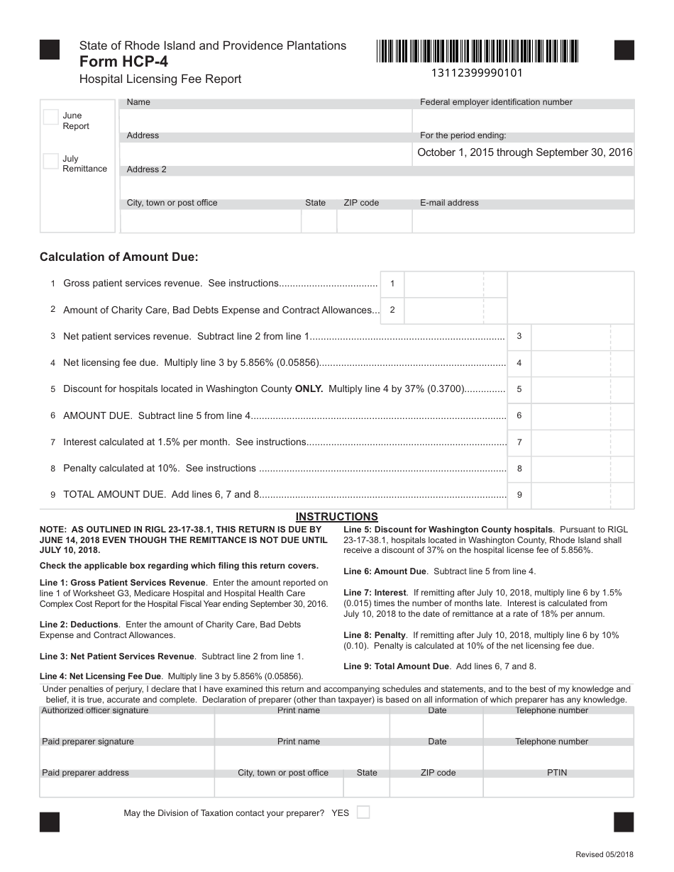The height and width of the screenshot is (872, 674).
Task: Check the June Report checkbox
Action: (x=50, y=117)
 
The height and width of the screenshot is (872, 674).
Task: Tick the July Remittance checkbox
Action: (x=50, y=161)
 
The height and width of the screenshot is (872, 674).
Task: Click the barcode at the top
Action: (x=477, y=51)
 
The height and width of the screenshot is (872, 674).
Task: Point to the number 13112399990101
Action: (x=477, y=72)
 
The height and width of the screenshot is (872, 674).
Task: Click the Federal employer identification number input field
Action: (x=524, y=118)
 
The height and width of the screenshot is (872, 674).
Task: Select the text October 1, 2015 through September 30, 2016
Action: (x=524, y=152)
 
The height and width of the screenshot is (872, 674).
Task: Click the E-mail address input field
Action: (x=523, y=221)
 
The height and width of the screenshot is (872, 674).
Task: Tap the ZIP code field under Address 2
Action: (x=374, y=221)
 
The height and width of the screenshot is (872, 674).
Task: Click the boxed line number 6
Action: (x=519, y=416)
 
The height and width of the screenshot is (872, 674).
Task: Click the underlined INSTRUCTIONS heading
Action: (x=336, y=517)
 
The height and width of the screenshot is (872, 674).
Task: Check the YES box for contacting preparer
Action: (x=363, y=812)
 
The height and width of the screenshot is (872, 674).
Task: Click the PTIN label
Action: (x=557, y=773)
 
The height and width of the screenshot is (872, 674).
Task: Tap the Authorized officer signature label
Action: (x=95, y=710)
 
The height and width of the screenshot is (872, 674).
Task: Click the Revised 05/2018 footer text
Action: (x=604, y=856)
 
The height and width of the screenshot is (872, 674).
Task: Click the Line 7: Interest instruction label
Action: (x=375, y=592)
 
